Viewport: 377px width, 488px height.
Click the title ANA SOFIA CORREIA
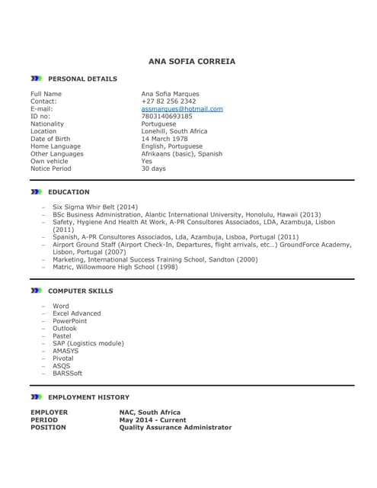192,61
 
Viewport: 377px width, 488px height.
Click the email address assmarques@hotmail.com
182,109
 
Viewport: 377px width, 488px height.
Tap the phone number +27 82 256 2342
168,101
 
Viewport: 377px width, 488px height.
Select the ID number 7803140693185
167,117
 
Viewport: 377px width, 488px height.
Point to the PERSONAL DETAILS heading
82,79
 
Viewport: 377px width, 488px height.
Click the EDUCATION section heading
69,192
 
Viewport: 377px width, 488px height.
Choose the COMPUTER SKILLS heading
80,291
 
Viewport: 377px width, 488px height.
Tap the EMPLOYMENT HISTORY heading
88,397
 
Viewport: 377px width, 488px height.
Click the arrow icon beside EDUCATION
36,192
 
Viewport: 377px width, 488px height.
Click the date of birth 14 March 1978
165,139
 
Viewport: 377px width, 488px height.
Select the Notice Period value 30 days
153,169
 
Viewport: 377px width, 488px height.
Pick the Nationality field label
47,124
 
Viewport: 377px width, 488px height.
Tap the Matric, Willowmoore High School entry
115,268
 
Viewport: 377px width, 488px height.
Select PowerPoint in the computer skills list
70,321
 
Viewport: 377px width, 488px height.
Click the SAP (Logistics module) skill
88,344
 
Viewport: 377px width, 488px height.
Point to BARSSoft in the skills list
67,374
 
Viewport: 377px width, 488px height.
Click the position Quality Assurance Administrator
175,428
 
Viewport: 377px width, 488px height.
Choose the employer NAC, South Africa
150,413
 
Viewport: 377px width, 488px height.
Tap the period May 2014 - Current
152,420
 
